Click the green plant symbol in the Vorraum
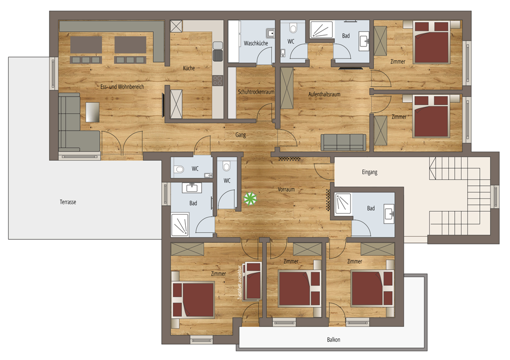(x=251, y=198)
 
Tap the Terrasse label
(x=68, y=202)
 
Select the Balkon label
(x=334, y=340)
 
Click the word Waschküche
(x=256, y=44)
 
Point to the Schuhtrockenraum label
(x=256, y=92)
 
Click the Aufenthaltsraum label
(x=324, y=94)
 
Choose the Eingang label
(x=370, y=172)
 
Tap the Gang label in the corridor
(x=241, y=135)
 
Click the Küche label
(x=189, y=68)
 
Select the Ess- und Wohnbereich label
(x=122, y=87)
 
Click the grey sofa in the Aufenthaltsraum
(x=343, y=142)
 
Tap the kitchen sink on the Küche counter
(x=217, y=56)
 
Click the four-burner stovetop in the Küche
(x=217, y=81)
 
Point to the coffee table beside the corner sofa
(x=93, y=112)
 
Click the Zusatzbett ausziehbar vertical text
(x=240, y=282)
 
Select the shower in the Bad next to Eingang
(x=343, y=203)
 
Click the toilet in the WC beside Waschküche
(x=293, y=28)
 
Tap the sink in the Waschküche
(x=270, y=33)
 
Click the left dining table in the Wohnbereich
(x=86, y=45)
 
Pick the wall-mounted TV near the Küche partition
(x=163, y=105)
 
